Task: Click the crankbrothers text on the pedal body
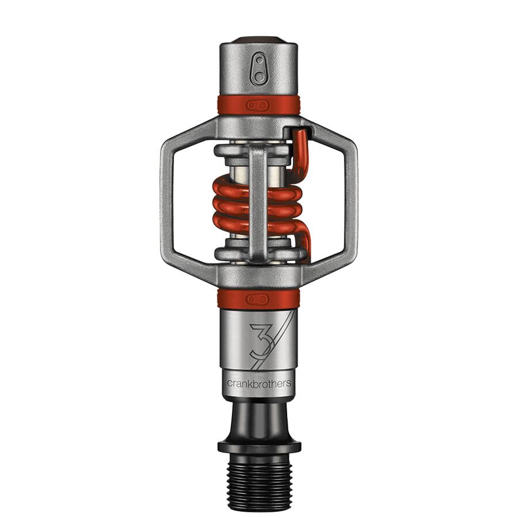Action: pos(259,383)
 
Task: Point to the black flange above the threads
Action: pos(259,447)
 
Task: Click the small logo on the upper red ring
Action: pos(257,105)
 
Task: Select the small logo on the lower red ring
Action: pos(257,298)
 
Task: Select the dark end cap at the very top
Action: pos(258,40)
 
